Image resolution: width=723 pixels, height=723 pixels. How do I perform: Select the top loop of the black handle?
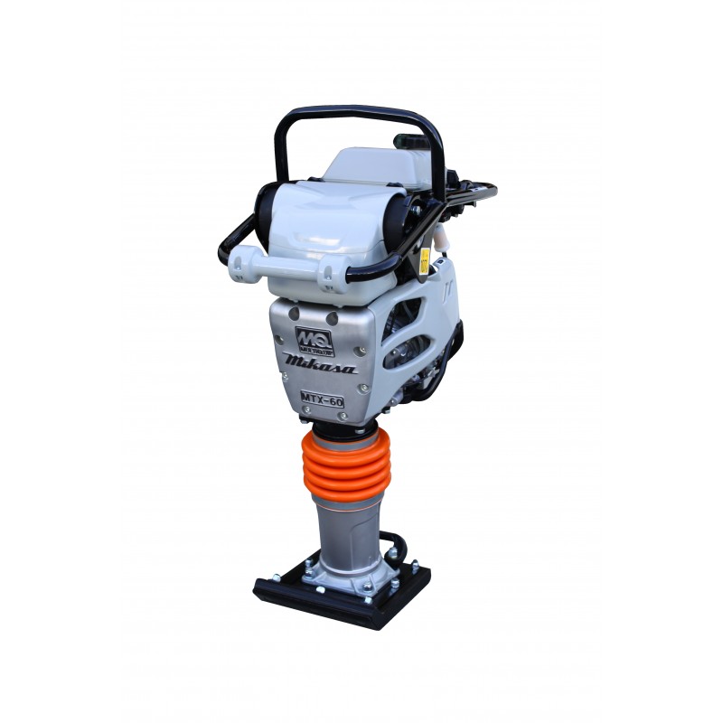coord(361,112)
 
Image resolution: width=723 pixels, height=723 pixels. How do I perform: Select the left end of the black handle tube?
coord(223,251)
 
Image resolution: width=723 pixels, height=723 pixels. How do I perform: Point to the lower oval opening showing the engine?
coord(407,352)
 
